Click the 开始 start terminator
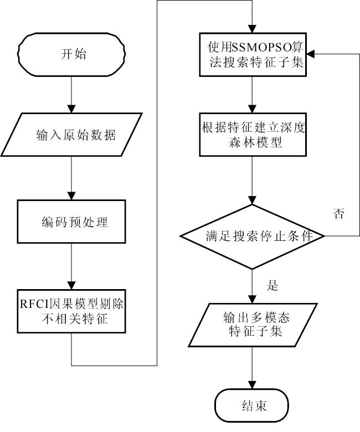click(x=71, y=54)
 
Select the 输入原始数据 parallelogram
click(x=71, y=135)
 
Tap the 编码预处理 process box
click(x=71, y=222)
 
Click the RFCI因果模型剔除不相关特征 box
click(x=71, y=311)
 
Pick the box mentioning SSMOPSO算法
click(x=253, y=54)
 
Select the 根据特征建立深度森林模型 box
click(x=253, y=135)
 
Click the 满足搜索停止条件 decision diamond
click(x=253, y=236)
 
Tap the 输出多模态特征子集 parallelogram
click(x=253, y=325)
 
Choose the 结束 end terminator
click(x=252, y=405)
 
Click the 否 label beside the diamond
click(x=339, y=214)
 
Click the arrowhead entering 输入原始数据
click(x=71, y=109)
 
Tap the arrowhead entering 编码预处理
click(x=71, y=196)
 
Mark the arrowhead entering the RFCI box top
click(x=71, y=285)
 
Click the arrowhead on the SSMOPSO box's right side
click(x=311, y=54)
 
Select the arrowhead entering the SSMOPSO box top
click(x=253, y=29)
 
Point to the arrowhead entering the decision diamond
click(x=253, y=200)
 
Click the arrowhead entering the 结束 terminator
click(x=253, y=385)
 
